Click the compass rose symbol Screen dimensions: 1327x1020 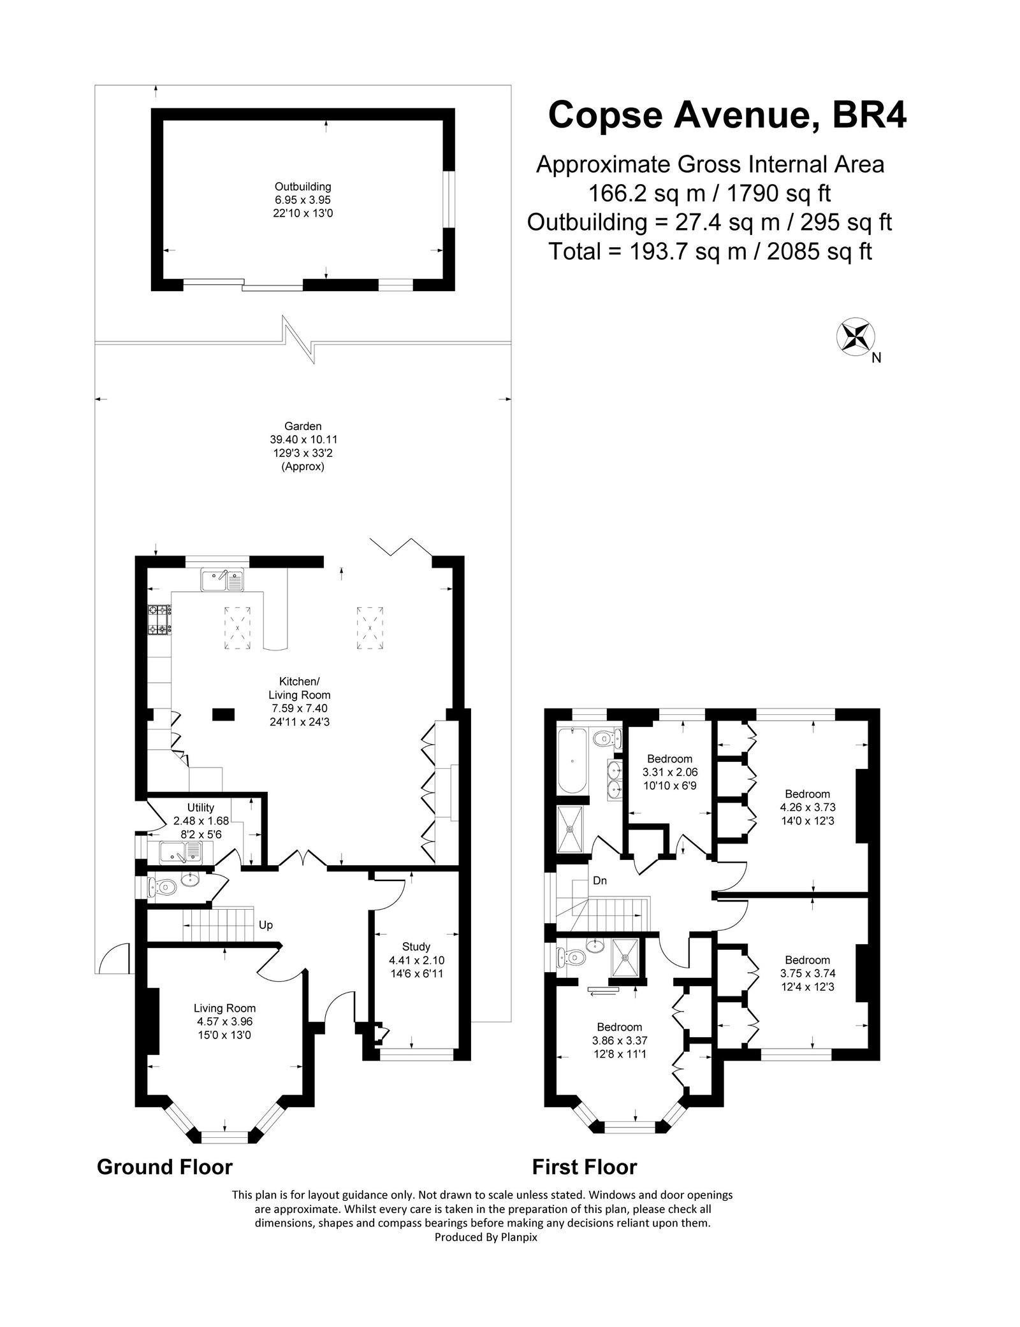pyautogui.click(x=856, y=336)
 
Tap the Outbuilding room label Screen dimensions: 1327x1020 pyautogui.click(x=303, y=200)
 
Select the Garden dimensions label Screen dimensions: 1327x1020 pyautogui.click(x=303, y=446)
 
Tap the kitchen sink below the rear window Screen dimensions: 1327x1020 pyautogui.click(x=222, y=580)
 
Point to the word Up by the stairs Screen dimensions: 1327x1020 pyautogui.click(x=266, y=924)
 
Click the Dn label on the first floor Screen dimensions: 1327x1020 pyautogui.click(x=599, y=881)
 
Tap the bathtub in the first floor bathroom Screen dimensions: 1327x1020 pyautogui.click(x=572, y=761)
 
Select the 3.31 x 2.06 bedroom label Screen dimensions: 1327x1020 pyautogui.click(x=669, y=771)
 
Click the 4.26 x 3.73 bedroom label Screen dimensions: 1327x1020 pyautogui.click(x=807, y=807)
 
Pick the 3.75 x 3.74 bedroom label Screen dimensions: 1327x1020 pyautogui.click(x=807, y=973)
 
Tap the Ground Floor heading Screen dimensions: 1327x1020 pyautogui.click(x=164, y=1167)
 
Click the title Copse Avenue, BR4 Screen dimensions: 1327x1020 pyautogui.click(x=727, y=115)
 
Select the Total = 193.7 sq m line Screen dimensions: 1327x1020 pyautogui.click(x=710, y=252)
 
